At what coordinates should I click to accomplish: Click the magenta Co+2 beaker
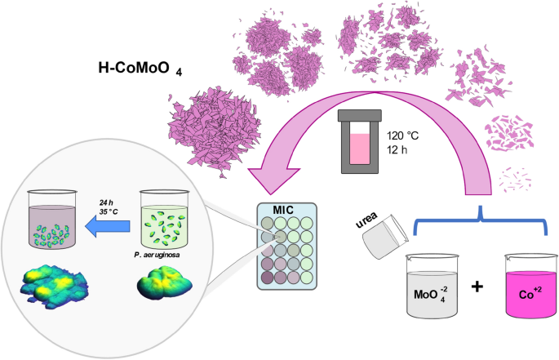529,290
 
